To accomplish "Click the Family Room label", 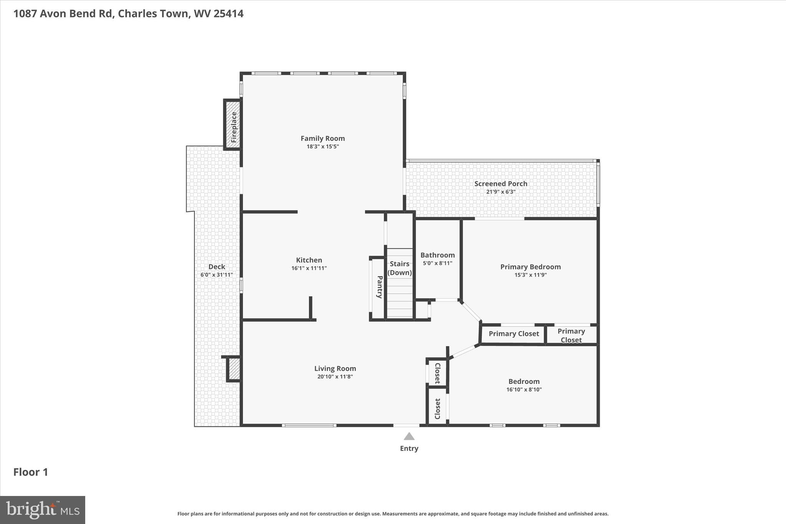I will coord(322,138).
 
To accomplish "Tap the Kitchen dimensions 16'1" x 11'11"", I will coord(309,268).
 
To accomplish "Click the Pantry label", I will coord(379,287).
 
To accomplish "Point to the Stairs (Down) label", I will coord(400,268).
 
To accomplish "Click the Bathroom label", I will coord(438,255).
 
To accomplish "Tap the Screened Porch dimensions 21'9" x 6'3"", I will coord(500,192).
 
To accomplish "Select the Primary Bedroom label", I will coord(530,266).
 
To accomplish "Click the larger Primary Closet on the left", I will coord(514,334).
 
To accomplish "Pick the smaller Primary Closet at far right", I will coord(571,335).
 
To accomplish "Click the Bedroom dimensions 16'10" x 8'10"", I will coord(524,390).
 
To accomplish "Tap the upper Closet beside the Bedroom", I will coord(437,373).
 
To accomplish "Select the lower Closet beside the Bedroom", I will coord(437,408).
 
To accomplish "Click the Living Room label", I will coord(335,368).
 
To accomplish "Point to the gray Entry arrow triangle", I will coord(409,436).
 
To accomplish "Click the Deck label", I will coord(216,266).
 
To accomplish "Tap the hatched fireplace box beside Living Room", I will coord(234,369).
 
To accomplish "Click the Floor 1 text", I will coord(31,472).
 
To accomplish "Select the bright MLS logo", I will coord(43,510).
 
